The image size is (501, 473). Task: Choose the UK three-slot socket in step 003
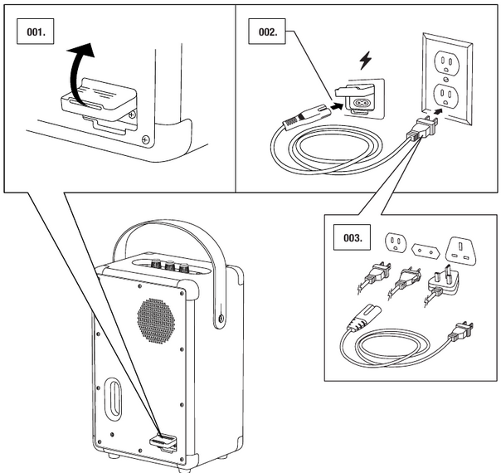click(461, 250)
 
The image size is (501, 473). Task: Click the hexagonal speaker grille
click(154, 319)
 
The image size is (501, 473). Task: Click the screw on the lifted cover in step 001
click(145, 139)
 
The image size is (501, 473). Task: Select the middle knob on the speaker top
click(170, 266)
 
